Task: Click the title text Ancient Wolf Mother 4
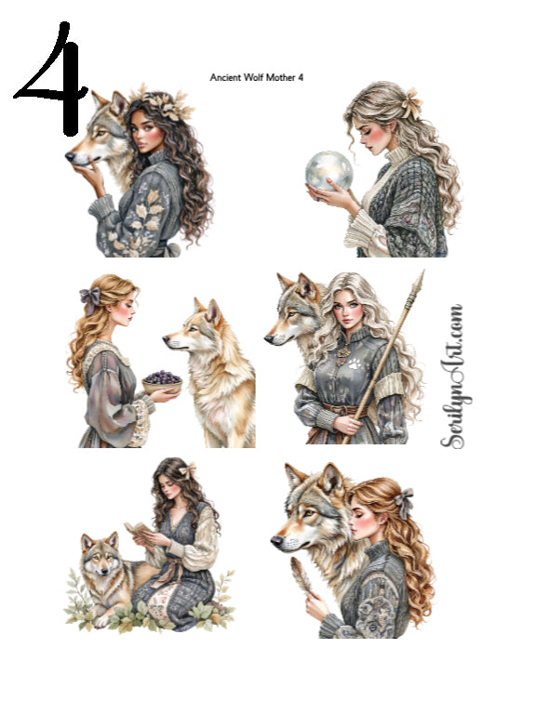[256, 77]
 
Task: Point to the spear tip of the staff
[419, 283]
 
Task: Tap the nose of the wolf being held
[71, 157]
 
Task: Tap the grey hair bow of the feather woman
[402, 503]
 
